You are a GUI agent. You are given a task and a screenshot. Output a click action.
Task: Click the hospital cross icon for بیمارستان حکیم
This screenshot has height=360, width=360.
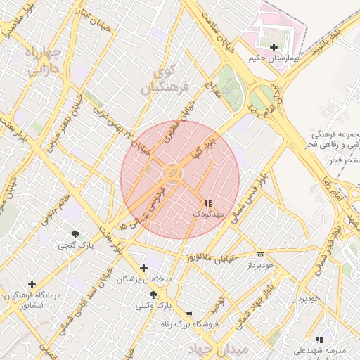point(274,47)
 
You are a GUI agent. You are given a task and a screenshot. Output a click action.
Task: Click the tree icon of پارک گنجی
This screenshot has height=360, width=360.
point(75,233)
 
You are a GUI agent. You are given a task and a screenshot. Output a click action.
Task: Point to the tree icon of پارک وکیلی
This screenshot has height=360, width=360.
point(153,295)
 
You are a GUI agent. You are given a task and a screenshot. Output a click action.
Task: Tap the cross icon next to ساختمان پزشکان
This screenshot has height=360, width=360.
point(144,268)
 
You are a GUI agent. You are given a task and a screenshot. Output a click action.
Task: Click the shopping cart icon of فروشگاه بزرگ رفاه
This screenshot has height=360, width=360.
point(188,314)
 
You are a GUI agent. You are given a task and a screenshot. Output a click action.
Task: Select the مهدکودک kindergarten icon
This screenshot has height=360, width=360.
point(207,202)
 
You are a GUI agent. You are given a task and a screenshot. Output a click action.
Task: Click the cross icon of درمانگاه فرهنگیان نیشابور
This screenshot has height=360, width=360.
point(32,284)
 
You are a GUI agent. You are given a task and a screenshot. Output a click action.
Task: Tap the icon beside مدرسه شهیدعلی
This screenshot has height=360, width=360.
point(320,340)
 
